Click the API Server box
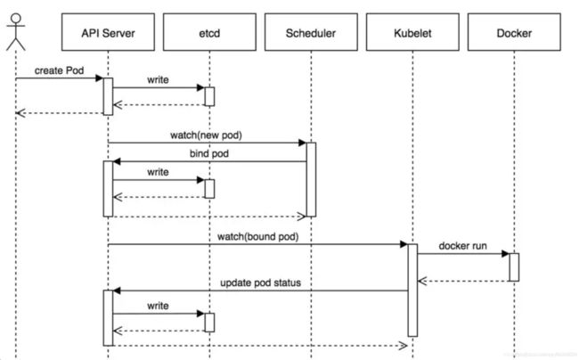pyautogui.click(x=108, y=32)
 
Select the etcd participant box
pyautogui.click(x=209, y=32)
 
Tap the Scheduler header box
pyautogui.click(x=311, y=32)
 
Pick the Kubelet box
pyautogui.click(x=412, y=32)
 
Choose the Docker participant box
pyautogui.click(x=514, y=32)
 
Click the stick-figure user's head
pyautogui.click(x=16, y=19)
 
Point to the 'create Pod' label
pyautogui.click(x=59, y=70)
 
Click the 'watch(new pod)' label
pyautogui.click(x=206, y=135)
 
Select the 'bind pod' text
pyautogui.click(x=209, y=153)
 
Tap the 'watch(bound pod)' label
pyautogui.click(x=257, y=237)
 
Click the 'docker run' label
pyautogui.click(x=462, y=246)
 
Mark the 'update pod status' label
pyautogui.click(x=260, y=282)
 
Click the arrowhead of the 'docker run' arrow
pyautogui.click(x=506, y=254)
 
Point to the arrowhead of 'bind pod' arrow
pyautogui.click(x=117, y=161)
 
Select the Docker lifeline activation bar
pyautogui.click(x=514, y=267)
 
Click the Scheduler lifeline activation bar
pyautogui.click(x=311, y=179)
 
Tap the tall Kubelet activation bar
pyautogui.click(x=412, y=290)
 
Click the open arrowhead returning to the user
pyautogui.click(x=20, y=113)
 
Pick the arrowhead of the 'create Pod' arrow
pyautogui.click(x=100, y=78)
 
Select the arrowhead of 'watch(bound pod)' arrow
pyautogui.click(x=404, y=244)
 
